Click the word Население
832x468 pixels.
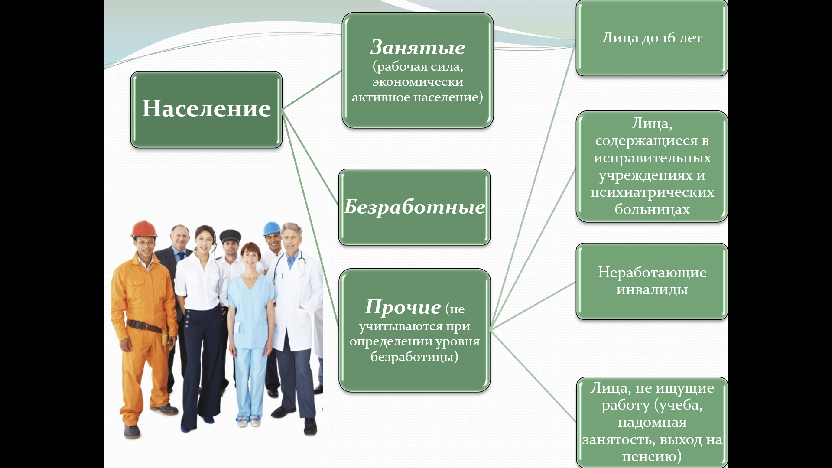[x=206, y=108]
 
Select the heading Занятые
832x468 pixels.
[x=418, y=47]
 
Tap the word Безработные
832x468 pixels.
[x=415, y=207]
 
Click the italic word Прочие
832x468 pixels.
[x=403, y=307]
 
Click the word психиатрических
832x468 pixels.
[x=652, y=192]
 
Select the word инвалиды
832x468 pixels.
[x=652, y=290]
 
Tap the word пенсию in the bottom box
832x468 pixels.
[x=649, y=456]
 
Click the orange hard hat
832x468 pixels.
[x=144, y=228]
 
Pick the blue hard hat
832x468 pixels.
[x=272, y=228]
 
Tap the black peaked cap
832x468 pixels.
[x=230, y=236]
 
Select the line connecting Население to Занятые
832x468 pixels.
[x=312, y=90]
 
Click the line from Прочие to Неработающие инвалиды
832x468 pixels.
[x=533, y=305]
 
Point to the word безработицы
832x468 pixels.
[x=414, y=357]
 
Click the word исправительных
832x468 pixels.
[x=652, y=158]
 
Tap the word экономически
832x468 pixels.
[x=418, y=82]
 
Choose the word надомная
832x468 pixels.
[x=652, y=422]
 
